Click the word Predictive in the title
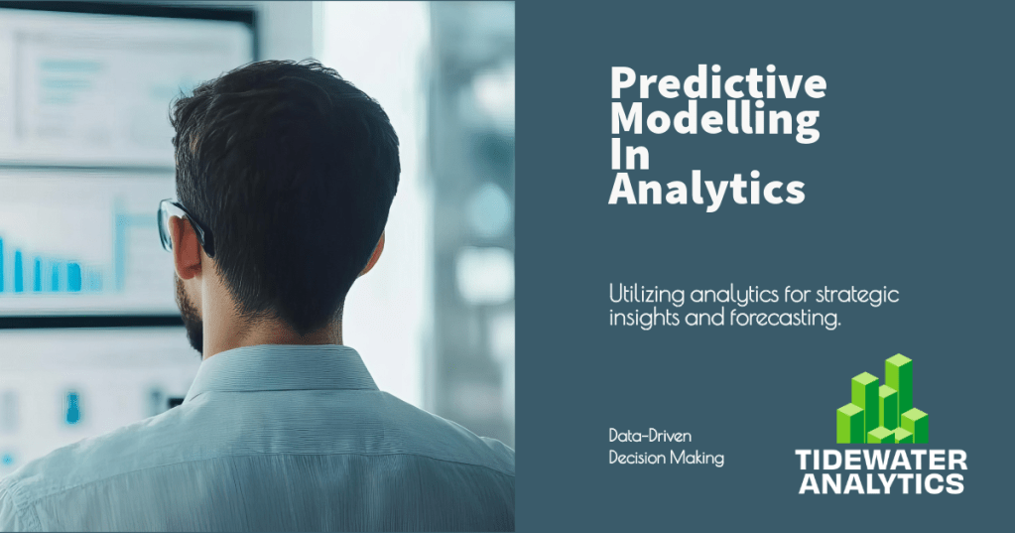716,83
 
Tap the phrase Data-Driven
651,436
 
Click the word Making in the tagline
699,458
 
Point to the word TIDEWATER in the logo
881,460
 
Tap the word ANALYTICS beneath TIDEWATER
881,483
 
